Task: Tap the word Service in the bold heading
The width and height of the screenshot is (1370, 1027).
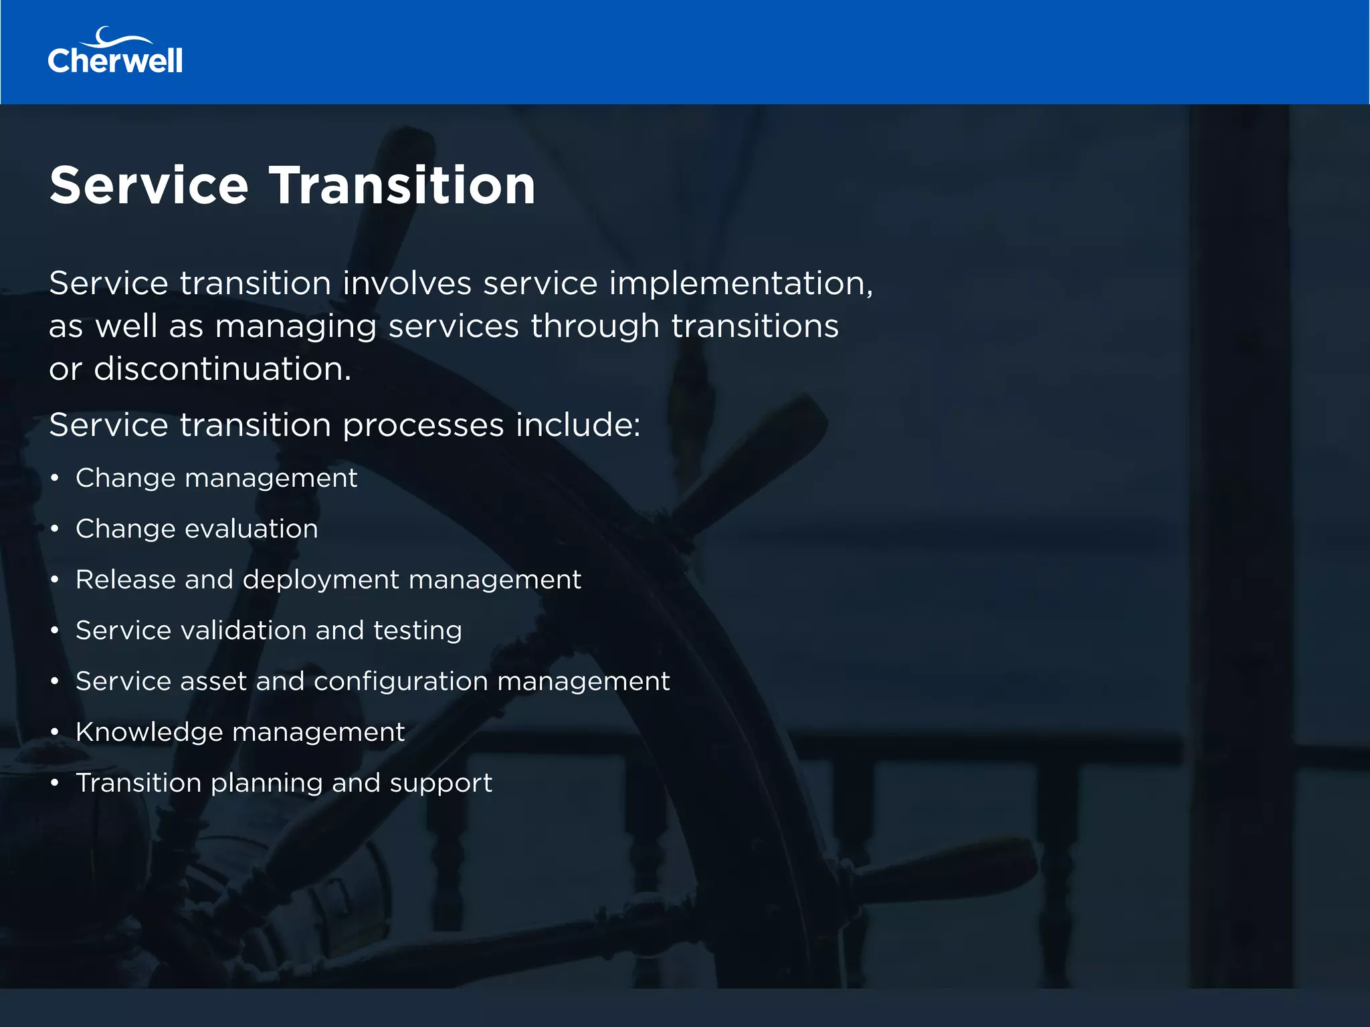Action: [149, 185]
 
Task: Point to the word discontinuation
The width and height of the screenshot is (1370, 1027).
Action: [222, 369]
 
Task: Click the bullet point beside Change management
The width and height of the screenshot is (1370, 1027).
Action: [55, 479]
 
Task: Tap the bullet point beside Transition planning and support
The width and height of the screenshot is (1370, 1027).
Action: [55, 784]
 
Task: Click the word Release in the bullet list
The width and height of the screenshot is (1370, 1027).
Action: [125, 580]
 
